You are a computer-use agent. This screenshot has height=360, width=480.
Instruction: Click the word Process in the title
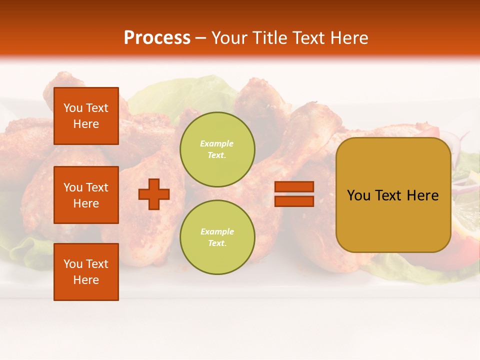[157, 38]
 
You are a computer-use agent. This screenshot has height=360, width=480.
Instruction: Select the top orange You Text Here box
[86, 116]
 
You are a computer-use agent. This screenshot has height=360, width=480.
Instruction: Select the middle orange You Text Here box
[86, 195]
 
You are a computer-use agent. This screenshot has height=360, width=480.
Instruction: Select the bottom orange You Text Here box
[86, 271]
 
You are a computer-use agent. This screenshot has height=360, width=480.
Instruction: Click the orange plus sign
[154, 194]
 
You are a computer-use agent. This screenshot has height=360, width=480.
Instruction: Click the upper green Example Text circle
[217, 149]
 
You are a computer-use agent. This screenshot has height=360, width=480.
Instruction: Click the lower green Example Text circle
[217, 237]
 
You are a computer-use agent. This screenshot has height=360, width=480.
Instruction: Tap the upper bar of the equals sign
[294, 187]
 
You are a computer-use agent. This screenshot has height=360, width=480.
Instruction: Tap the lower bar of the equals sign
[294, 201]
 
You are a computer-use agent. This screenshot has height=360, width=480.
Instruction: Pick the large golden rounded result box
[393, 195]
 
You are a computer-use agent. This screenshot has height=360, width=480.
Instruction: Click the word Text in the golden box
[389, 195]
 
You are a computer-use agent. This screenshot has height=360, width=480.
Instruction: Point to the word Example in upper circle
[216, 143]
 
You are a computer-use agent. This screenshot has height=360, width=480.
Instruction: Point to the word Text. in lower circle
[217, 243]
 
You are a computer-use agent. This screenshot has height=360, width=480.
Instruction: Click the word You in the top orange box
[73, 108]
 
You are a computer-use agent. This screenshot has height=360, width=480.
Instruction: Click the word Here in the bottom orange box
[86, 280]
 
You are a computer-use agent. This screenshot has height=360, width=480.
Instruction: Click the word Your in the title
[228, 38]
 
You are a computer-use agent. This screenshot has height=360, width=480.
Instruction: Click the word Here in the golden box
[422, 195]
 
